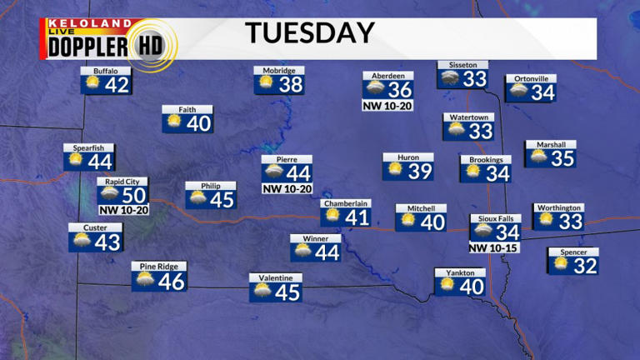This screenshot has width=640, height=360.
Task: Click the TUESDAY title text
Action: coord(309,32)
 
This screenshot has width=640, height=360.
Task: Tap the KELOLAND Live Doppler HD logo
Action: coord(108,40)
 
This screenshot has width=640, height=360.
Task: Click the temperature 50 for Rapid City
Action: coord(133,194)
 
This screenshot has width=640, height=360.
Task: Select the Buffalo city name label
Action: coord(106,71)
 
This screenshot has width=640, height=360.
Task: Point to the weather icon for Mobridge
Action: coord(267,84)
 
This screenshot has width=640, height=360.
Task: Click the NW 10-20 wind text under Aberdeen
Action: coord(388,106)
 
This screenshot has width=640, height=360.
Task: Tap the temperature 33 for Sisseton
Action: coord(475,79)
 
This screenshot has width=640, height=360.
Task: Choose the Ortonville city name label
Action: coord(531,79)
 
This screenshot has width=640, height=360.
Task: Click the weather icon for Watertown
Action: coord(457,131)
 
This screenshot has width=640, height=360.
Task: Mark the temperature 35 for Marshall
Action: coord(562,157)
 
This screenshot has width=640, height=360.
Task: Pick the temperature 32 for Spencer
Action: coord(586,266)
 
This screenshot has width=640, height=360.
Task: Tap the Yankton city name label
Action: coord(460,272)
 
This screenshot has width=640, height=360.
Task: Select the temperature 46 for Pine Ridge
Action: coord(171,281)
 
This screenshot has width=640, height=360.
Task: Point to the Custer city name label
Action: coord(95,227)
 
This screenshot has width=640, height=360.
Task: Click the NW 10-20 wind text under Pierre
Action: coord(287,189)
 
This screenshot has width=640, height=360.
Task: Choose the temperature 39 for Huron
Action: coord(421,172)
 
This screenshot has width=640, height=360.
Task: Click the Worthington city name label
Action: coord(558,207)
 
